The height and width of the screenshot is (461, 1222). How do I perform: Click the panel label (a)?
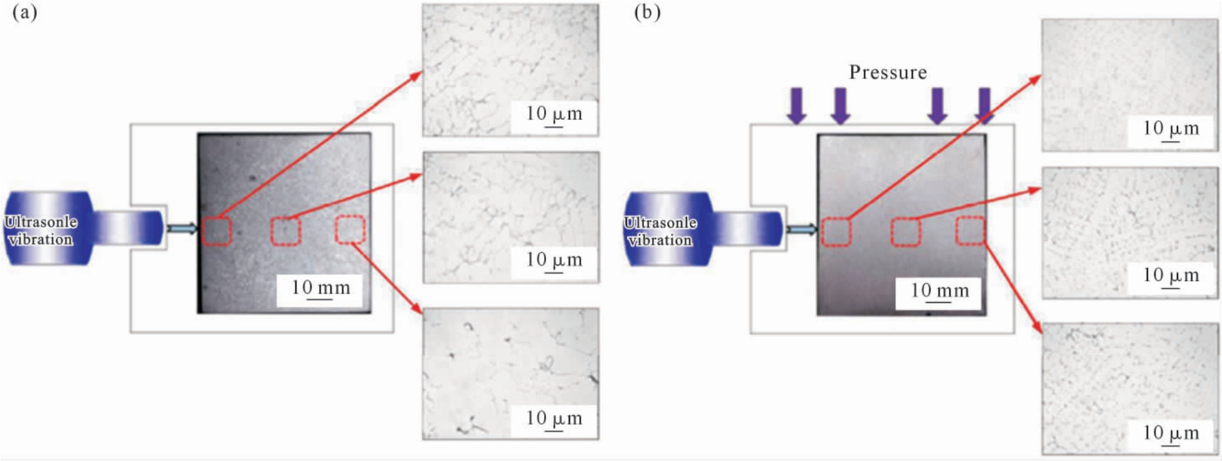point(25,12)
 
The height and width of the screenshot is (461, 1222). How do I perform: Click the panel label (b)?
point(647,12)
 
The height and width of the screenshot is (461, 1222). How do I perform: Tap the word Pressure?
point(888,73)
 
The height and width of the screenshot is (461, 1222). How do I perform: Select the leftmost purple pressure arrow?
point(797,105)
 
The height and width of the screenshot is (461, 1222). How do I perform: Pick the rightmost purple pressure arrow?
point(984,105)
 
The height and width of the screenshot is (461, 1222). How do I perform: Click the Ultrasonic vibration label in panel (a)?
point(41,230)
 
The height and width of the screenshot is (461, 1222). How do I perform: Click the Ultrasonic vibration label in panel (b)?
point(660,231)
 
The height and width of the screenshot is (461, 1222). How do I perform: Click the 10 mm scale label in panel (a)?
point(320,288)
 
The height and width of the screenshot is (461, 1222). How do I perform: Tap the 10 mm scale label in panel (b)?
point(939,290)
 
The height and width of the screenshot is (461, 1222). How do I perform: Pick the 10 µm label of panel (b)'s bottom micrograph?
point(1171,433)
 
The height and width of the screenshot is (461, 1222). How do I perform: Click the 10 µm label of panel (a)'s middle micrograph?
point(554,260)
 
